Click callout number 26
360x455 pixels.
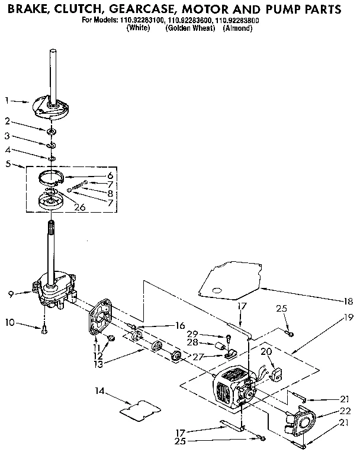point(79,207)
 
